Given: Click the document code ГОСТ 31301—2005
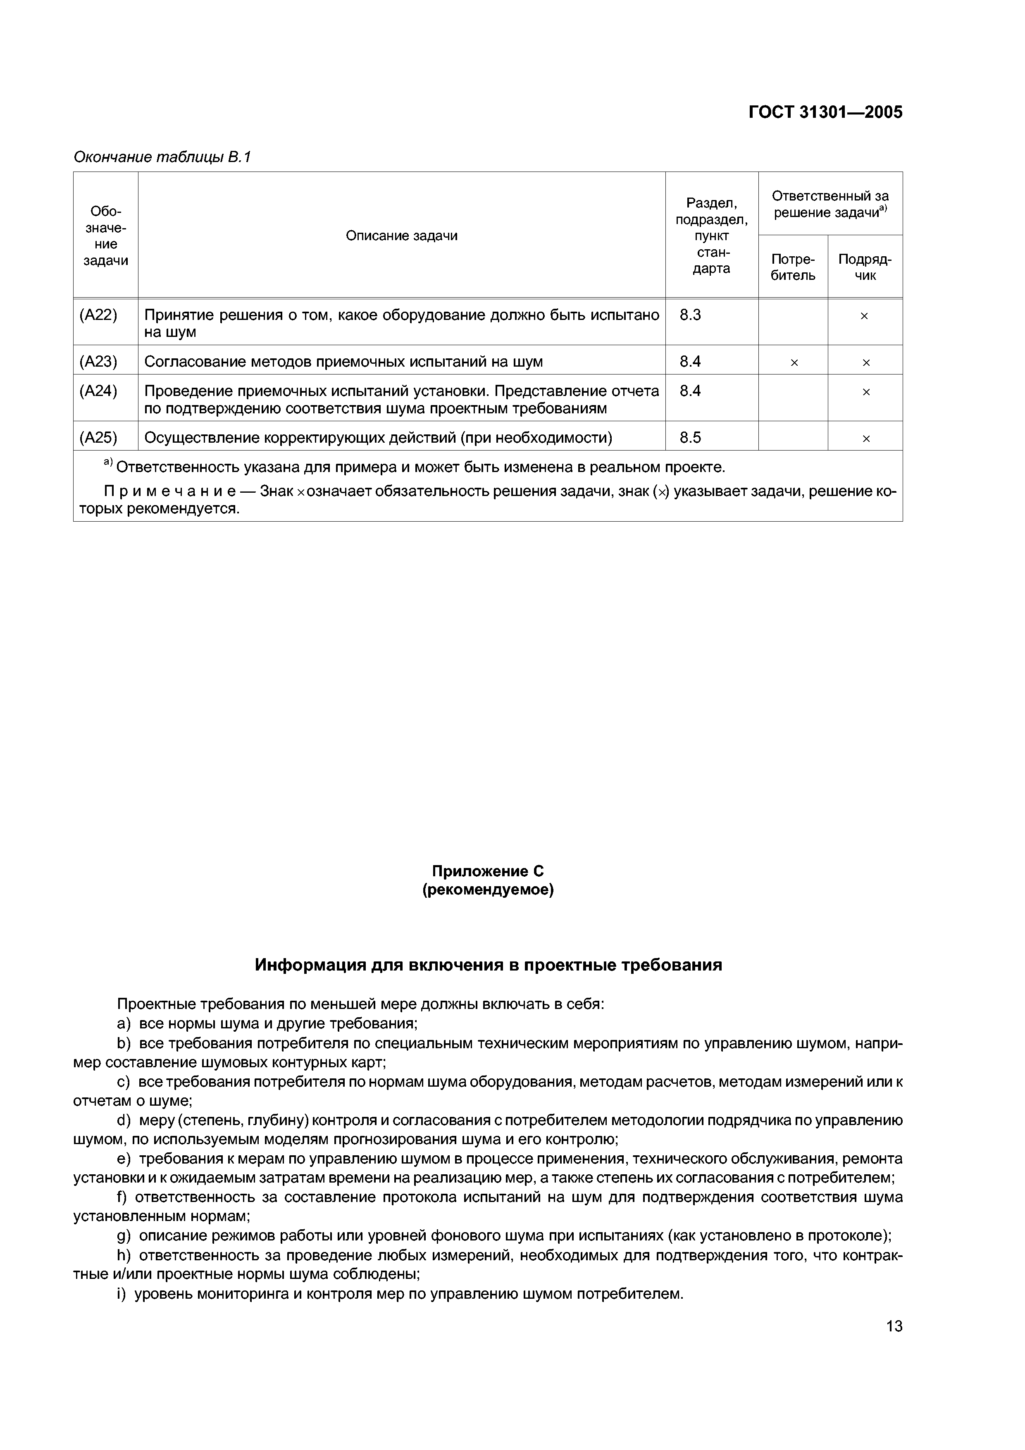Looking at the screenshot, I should (x=825, y=112).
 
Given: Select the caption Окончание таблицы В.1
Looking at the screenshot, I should (x=162, y=157).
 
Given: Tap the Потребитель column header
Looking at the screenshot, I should (x=793, y=267).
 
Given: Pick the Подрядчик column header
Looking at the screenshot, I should (x=865, y=267).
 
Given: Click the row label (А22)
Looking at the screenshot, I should (x=98, y=315).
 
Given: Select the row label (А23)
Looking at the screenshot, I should (x=98, y=361).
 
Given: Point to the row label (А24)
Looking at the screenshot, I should (x=98, y=391).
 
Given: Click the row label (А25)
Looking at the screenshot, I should (x=98, y=437).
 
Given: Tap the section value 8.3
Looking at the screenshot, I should (x=690, y=315).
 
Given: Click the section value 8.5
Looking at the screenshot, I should (x=690, y=437).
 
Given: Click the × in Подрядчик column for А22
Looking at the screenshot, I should (x=865, y=316).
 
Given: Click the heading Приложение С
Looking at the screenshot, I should (x=488, y=871).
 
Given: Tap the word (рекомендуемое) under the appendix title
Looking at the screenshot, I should (x=488, y=890).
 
